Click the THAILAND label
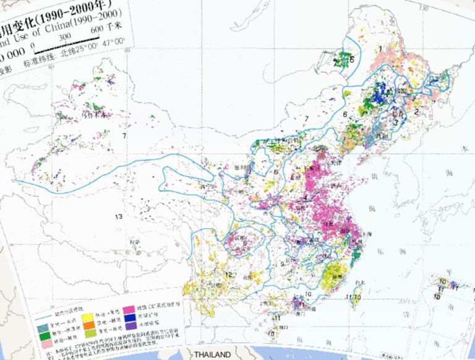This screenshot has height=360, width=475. (212, 355)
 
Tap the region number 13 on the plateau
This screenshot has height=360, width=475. (119, 216)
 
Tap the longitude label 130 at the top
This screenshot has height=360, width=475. (423, 8)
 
